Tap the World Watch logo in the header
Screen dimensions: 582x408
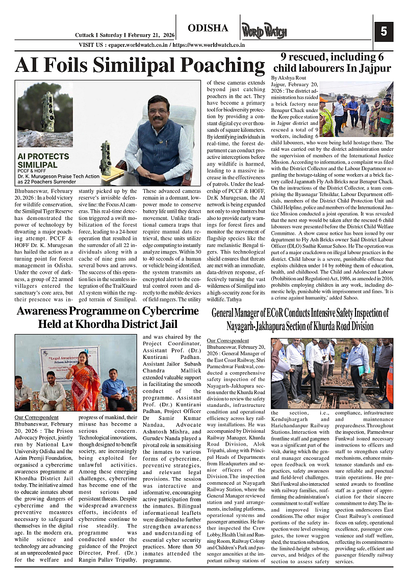pyautogui.click(x=264, y=32)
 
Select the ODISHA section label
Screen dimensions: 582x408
pyautogui.click(x=208, y=28)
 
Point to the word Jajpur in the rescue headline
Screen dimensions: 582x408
pyautogui.click(x=373, y=68)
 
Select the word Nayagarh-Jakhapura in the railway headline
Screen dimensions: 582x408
pyautogui.click(x=266, y=326)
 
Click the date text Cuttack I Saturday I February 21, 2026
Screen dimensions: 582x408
pyautogui.click(x=125, y=35)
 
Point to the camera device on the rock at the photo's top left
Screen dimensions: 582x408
pyautogui.click(x=48, y=113)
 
